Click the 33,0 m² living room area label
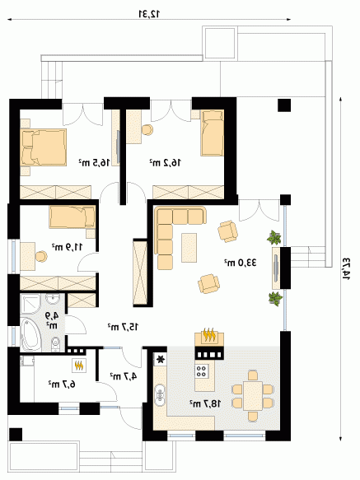[x=241, y=263]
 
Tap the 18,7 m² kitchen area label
[x=205, y=403]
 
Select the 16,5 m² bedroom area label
[x=94, y=162]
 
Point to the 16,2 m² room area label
[x=165, y=162]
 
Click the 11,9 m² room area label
[x=67, y=247]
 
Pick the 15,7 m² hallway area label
[x=123, y=327]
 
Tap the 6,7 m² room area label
[x=62, y=384]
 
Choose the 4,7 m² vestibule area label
[x=124, y=376]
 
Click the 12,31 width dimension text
[x=149, y=13]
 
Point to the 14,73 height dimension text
[x=346, y=270]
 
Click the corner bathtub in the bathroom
[x=30, y=334]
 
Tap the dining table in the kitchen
[x=253, y=395]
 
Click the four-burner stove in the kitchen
[x=202, y=371]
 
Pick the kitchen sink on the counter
[x=160, y=394]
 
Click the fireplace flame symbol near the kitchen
[x=209, y=335]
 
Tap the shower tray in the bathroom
[x=30, y=305]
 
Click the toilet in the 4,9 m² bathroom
[x=55, y=344]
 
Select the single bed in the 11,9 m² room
[x=72, y=217]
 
